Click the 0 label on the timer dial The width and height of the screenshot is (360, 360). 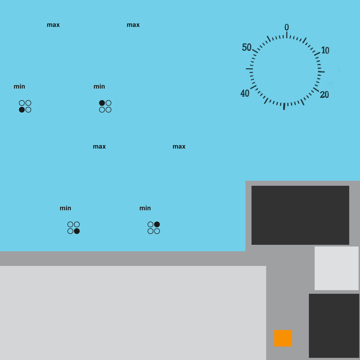point(287,27)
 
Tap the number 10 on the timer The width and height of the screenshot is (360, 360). point(325,50)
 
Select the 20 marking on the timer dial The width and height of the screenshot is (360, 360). point(324,95)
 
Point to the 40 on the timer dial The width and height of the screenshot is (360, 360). point(245,93)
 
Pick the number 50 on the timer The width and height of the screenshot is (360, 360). point(247,47)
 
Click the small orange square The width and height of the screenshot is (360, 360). point(283,338)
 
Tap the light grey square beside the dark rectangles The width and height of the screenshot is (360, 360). point(336,268)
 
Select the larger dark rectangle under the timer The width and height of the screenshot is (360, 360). point(300,215)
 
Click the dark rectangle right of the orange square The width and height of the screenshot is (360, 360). point(334,326)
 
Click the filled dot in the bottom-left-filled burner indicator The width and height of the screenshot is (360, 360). point(22,110)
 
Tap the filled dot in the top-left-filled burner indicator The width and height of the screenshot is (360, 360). point(102,103)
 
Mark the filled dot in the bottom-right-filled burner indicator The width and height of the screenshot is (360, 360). point(77,231)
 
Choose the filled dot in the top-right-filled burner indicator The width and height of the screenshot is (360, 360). point(157,224)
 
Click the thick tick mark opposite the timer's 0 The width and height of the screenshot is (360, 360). point(284,106)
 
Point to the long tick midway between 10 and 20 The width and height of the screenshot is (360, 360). point(321,72)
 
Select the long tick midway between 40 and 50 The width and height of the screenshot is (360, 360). point(249,69)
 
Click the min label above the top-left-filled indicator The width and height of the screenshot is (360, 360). point(99,86)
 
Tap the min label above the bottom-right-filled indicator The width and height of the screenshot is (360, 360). point(65,208)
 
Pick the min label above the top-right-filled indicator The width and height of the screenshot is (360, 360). point(145,208)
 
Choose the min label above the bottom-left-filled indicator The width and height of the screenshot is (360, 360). point(19,86)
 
